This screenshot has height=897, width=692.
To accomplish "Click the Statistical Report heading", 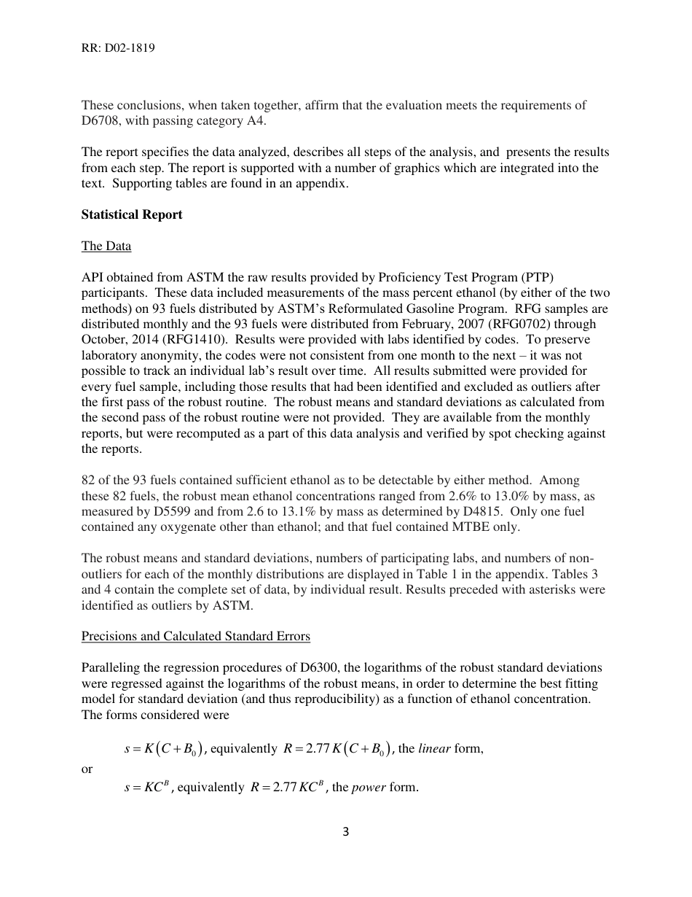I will [x=132, y=214].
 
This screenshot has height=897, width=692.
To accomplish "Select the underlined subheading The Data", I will [x=106, y=246].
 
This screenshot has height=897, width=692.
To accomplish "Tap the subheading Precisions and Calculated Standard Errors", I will [x=196, y=636].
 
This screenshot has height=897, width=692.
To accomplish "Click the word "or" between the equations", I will [x=87, y=769].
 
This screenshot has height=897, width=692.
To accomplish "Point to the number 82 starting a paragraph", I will [x=88, y=480].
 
